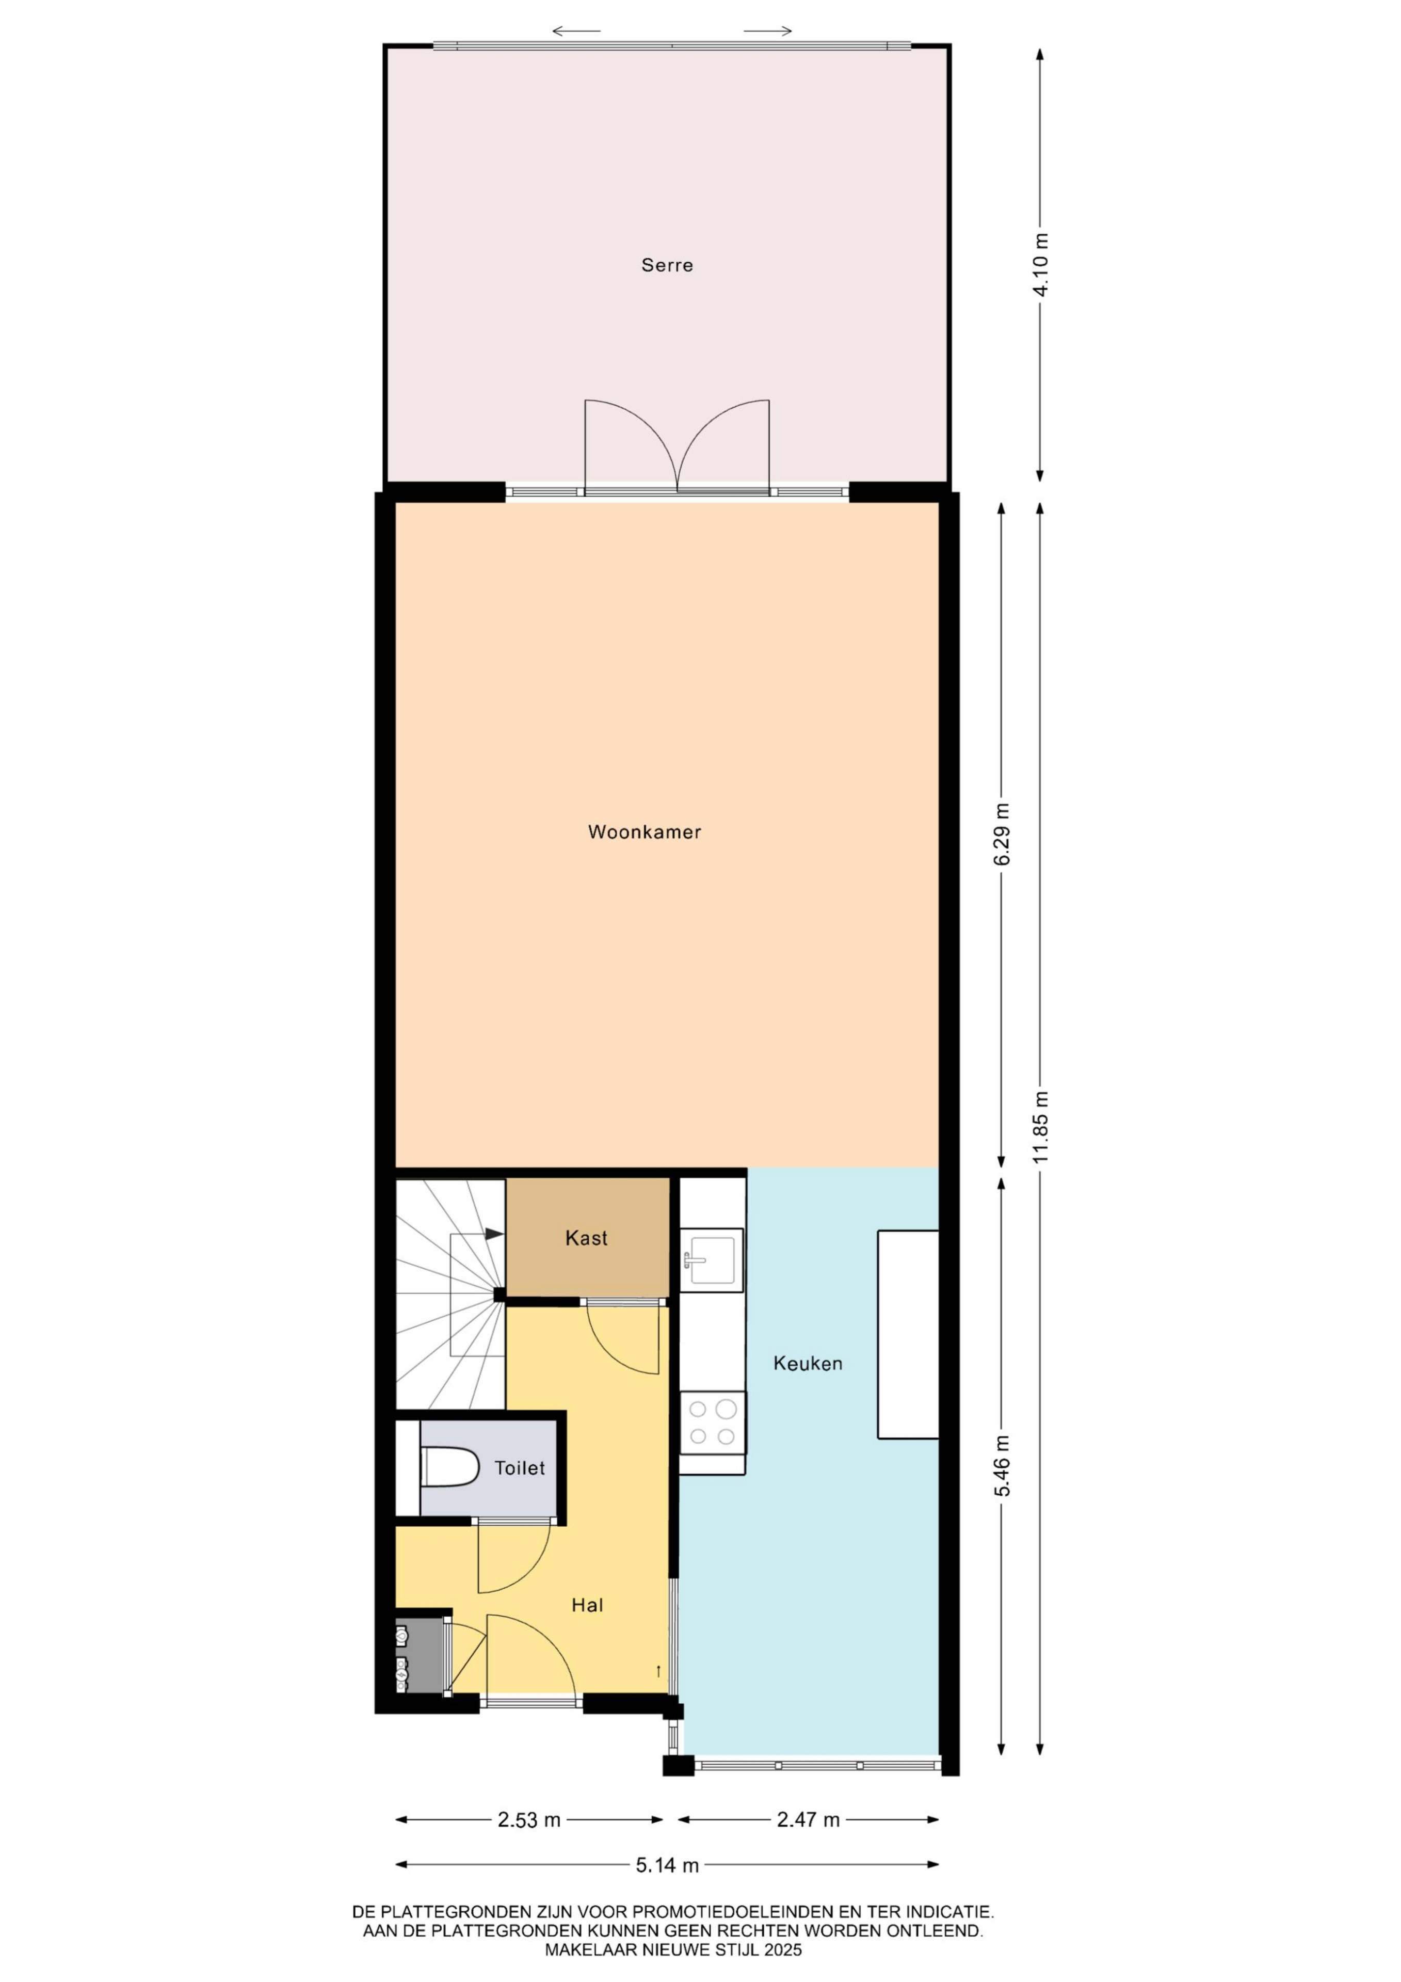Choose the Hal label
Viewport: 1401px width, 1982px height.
coord(587,1605)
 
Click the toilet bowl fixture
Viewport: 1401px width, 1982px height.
coord(450,1467)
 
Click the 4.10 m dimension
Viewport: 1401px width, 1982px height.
coord(1040,265)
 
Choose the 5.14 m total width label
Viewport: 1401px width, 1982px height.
coord(667,1865)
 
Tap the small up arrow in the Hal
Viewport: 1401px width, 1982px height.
coord(658,1670)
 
